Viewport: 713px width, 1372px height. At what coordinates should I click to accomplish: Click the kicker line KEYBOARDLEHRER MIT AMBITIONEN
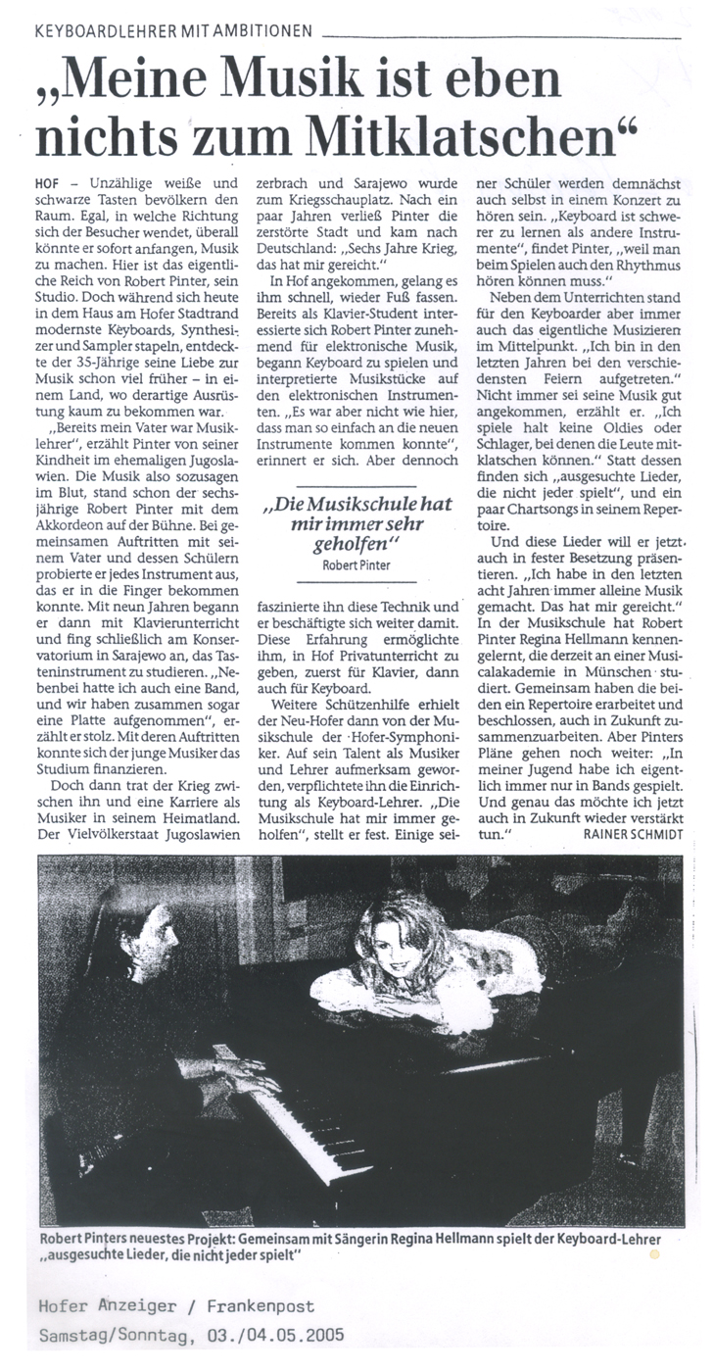click(x=172, y=30)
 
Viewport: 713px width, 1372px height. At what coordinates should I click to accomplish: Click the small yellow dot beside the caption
click(x=655, y=1252)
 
